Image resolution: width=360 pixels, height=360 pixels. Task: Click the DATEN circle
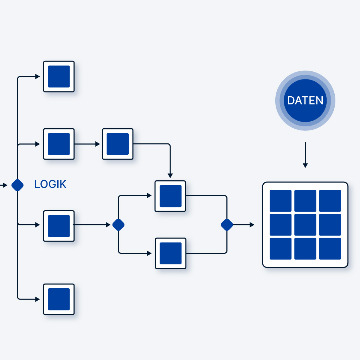pos(305,101)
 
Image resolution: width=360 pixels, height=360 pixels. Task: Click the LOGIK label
pos(50,184)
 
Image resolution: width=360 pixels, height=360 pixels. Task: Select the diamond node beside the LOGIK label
pos(17,185)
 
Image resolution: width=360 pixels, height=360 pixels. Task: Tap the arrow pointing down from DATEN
pos(305,155)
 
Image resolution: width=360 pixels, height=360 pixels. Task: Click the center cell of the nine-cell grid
pos(305,225)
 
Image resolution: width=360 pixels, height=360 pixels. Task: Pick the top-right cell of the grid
pos(330,201)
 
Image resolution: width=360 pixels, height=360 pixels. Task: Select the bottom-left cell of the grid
pos(280,249)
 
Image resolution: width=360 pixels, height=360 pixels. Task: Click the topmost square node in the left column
pos(59,77)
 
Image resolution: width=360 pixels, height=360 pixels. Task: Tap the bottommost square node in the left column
pos(59,299)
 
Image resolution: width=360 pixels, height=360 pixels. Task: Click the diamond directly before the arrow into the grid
pos(227,225)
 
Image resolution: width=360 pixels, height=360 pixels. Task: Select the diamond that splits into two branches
pos(118,225)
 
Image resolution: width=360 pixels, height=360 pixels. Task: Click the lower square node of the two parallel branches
pos(171,253)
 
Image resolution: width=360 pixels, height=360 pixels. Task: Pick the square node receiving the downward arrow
pos(171,196)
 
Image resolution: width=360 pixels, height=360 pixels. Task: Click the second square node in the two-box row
pos(117,144)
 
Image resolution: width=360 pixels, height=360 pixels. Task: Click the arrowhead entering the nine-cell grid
pos(252,225)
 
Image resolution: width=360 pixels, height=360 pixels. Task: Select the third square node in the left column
pos(59,226)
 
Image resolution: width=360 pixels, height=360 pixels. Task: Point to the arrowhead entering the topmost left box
pos(38,77)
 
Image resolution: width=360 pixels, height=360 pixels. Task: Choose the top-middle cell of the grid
pos(305,201)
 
